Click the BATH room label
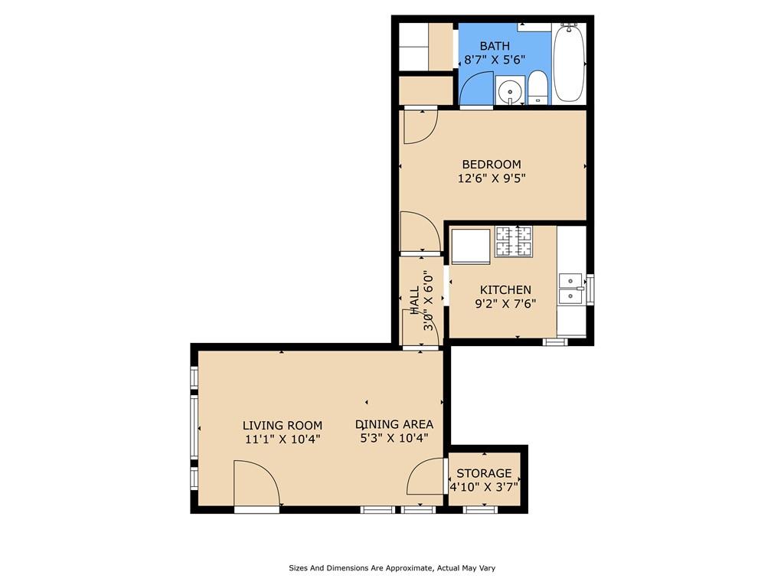point(495,46)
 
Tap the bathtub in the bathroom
point(569,63)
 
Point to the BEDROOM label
point(492,164)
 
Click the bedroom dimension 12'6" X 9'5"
point(492,178)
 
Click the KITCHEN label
point(505,289)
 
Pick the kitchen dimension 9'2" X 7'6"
point(505,303)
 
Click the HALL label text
point(414,301)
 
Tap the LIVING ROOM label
point(283,425)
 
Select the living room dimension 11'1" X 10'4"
point(283,439)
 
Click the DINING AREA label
point(394,424)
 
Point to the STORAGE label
point(484,473)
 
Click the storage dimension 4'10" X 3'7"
point(484,487)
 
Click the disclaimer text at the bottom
point(392,568)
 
